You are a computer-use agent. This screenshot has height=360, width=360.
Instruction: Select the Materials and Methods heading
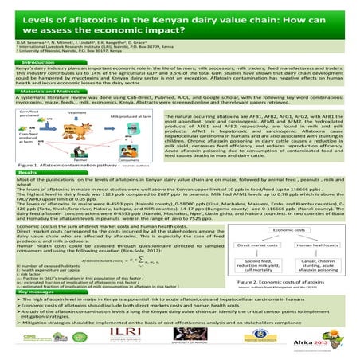tap(49, 92)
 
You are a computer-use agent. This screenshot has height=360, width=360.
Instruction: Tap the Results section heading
tap(28, 171)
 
